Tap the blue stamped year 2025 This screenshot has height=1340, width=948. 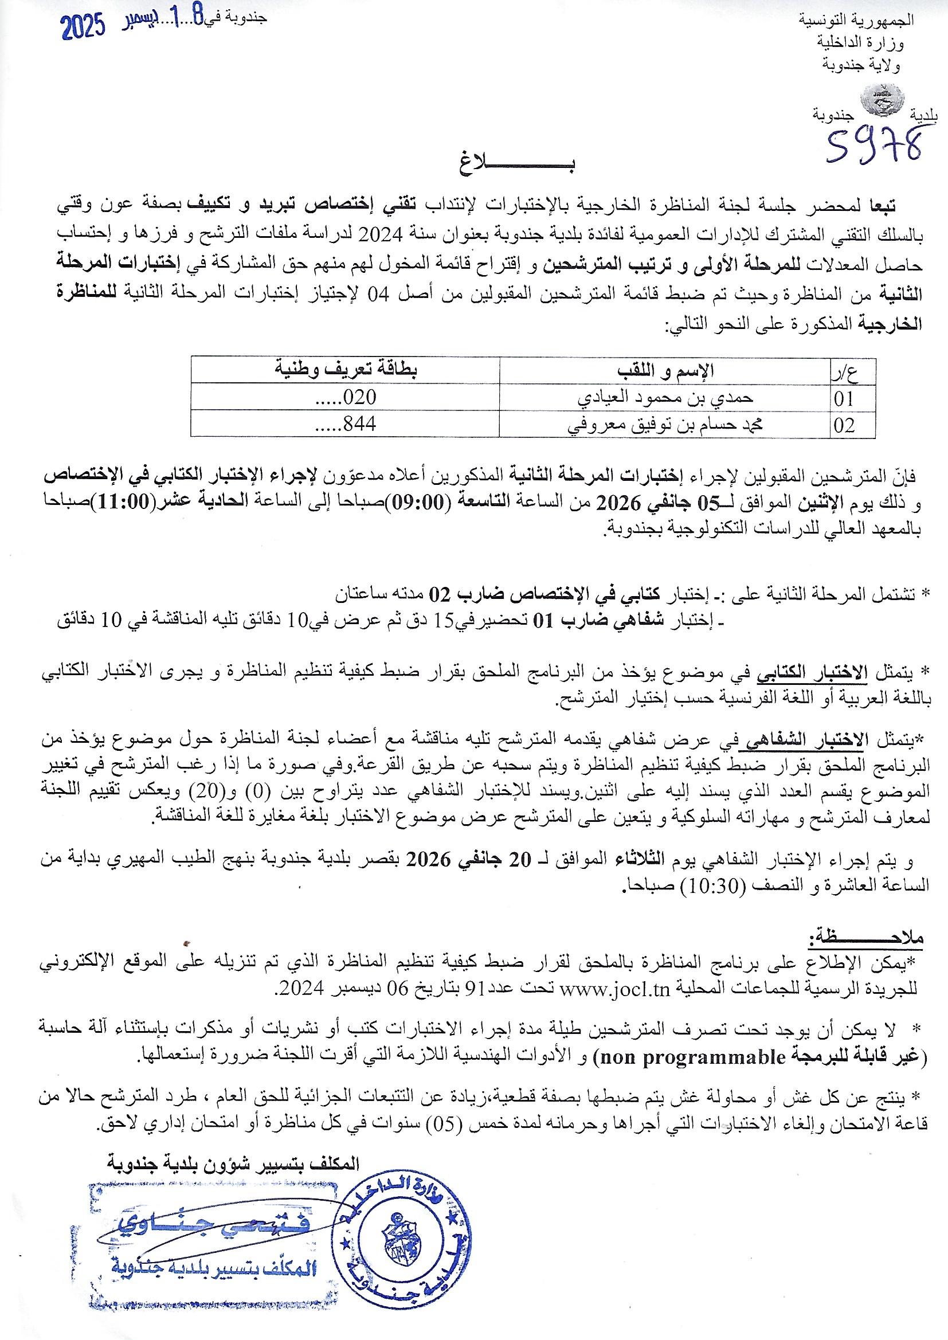click(83, 26)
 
